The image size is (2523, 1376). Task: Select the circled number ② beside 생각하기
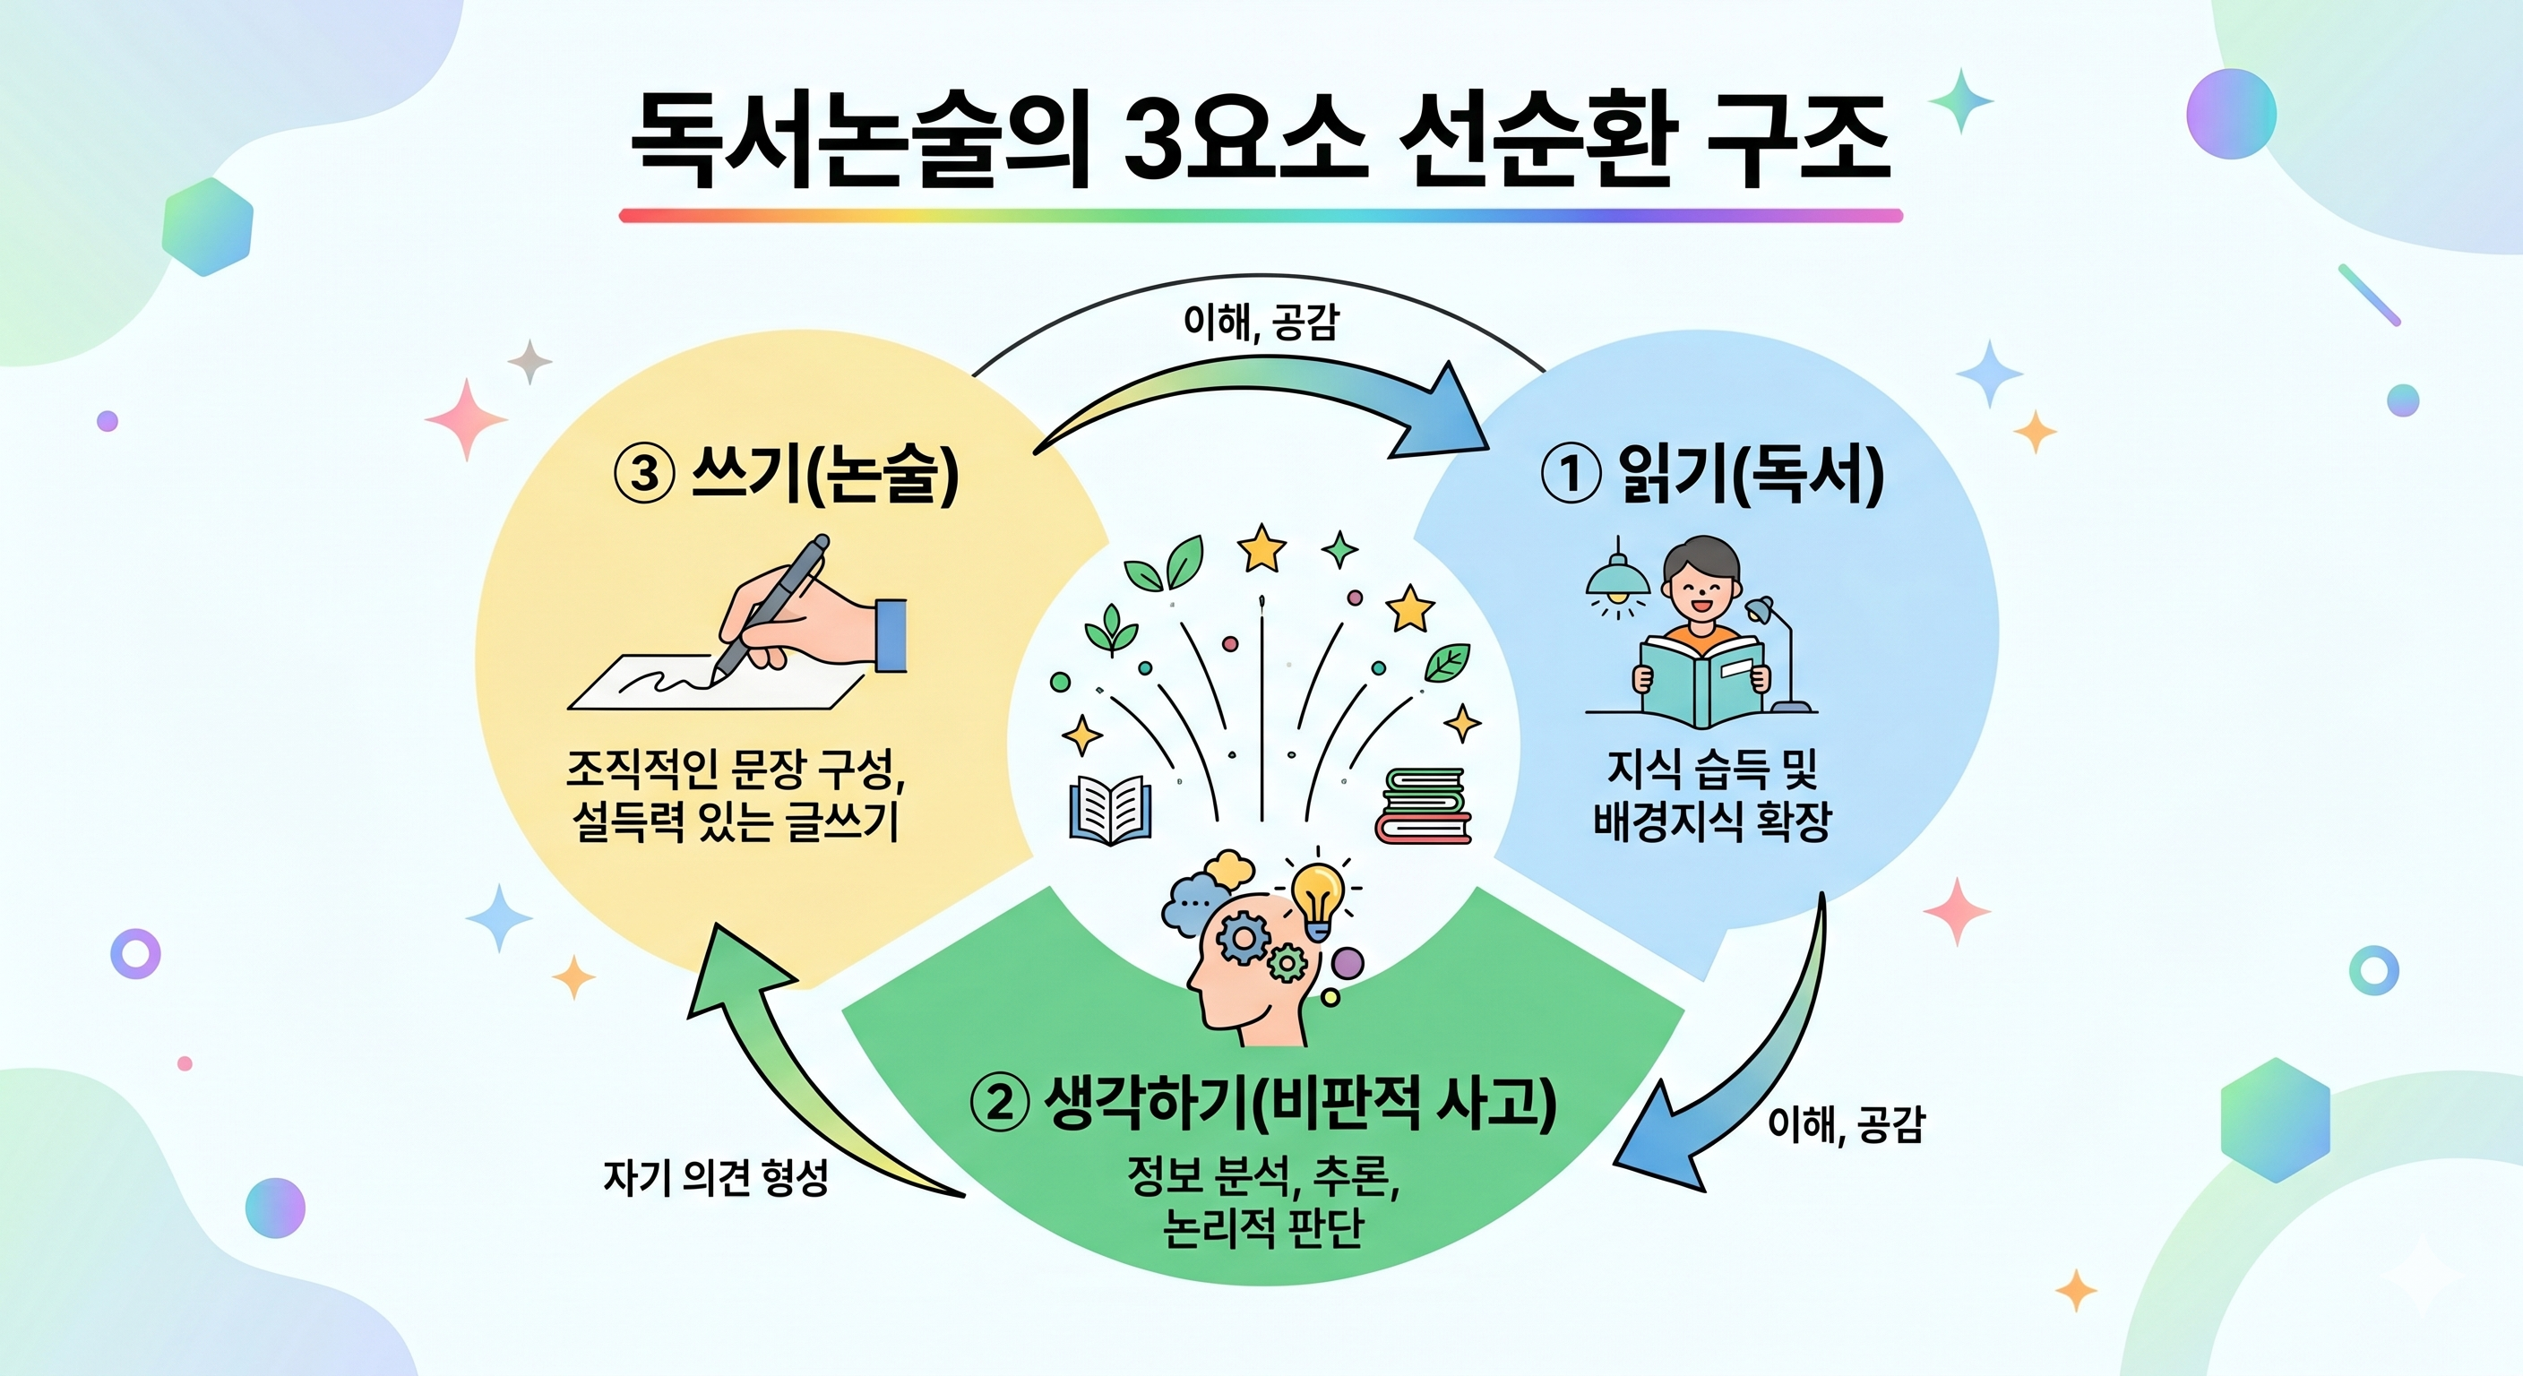(x=999, y=1104)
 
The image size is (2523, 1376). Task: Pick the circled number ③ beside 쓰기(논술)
(x=644, y=474)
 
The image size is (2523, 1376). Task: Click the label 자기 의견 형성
(x=715, y=1178)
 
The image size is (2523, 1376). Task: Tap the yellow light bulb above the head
(x=1317, y=892)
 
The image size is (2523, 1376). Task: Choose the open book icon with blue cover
(x=1110, y=809)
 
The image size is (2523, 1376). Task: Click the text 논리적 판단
(x=1263, y=1229)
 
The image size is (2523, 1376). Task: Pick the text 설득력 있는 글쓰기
(x=735, y=821)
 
